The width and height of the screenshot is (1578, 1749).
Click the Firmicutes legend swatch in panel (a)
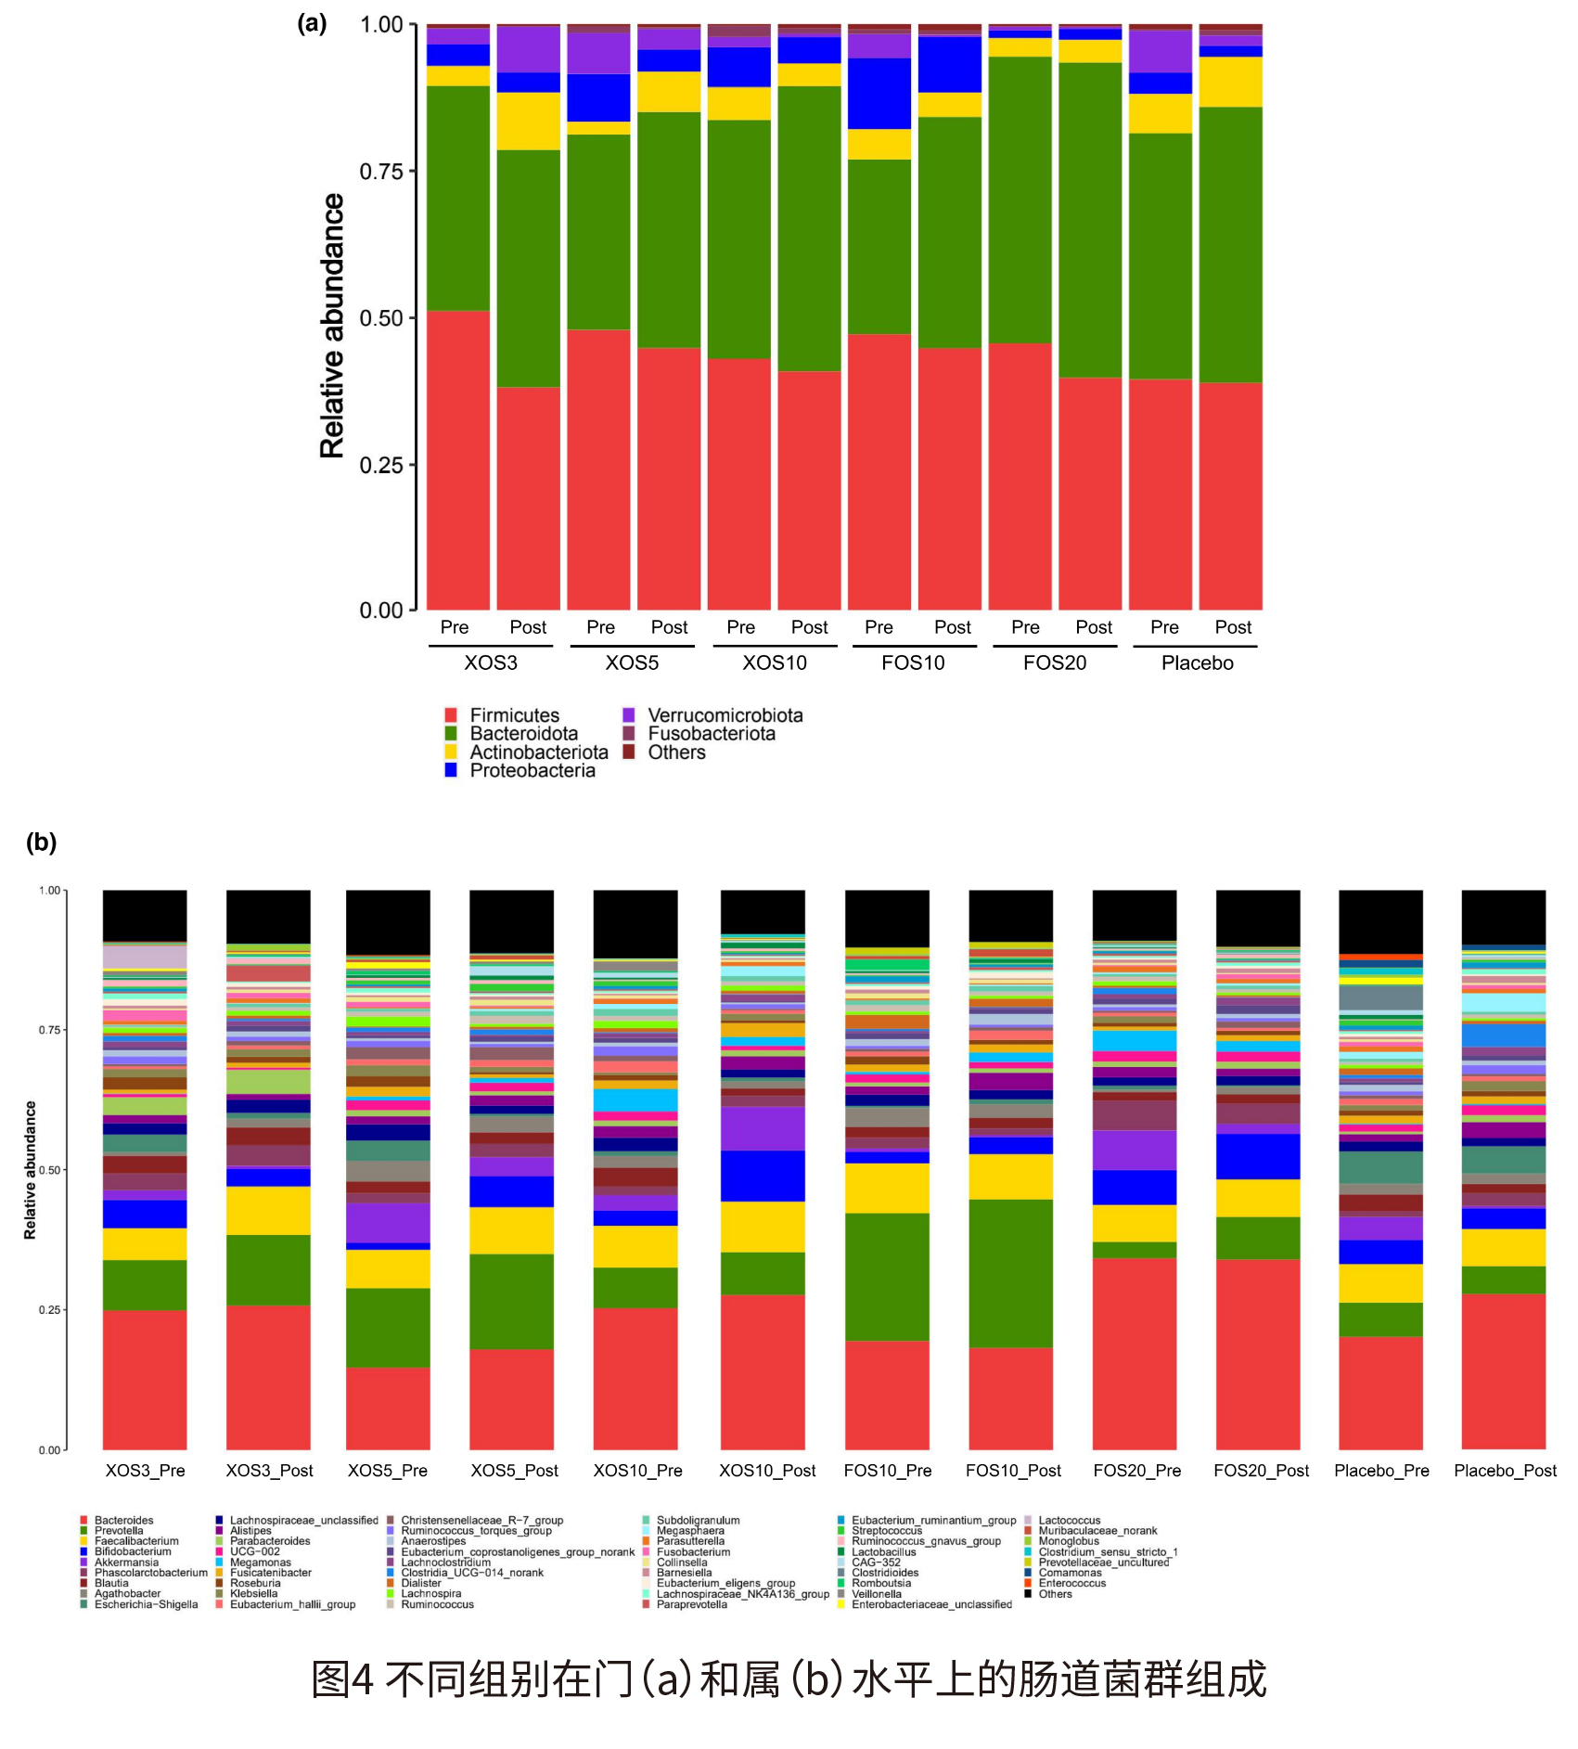[451, 715]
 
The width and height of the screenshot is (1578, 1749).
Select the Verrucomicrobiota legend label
[725, 715]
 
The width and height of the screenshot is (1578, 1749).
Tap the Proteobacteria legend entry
[532, 770]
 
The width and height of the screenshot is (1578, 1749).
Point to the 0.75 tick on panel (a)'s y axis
[381, 172]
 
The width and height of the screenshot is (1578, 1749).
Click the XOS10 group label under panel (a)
[775, 662]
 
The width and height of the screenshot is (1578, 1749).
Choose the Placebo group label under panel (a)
[1197, 662]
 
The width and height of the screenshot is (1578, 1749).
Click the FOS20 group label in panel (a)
[1055, 662]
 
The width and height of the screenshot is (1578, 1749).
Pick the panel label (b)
[41, 842]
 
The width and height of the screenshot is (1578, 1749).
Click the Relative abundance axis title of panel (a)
[332, 325]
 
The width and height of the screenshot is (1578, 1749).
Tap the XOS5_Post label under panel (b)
[514, 1471]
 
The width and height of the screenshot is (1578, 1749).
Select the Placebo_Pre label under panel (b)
[1381, 1471]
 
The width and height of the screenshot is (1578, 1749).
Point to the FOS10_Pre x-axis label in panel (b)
[887, 1471]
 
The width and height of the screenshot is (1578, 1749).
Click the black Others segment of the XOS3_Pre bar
[145, 915]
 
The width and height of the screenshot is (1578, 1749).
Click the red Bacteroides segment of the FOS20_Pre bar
[1135, 1355]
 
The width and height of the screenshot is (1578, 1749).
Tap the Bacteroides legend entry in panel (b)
[123, 1521]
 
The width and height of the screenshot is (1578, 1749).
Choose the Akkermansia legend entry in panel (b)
[126, 1563]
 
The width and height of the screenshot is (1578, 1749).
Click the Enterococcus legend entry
[1071, 1583]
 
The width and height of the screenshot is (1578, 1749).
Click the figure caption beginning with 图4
[789, 1679]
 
